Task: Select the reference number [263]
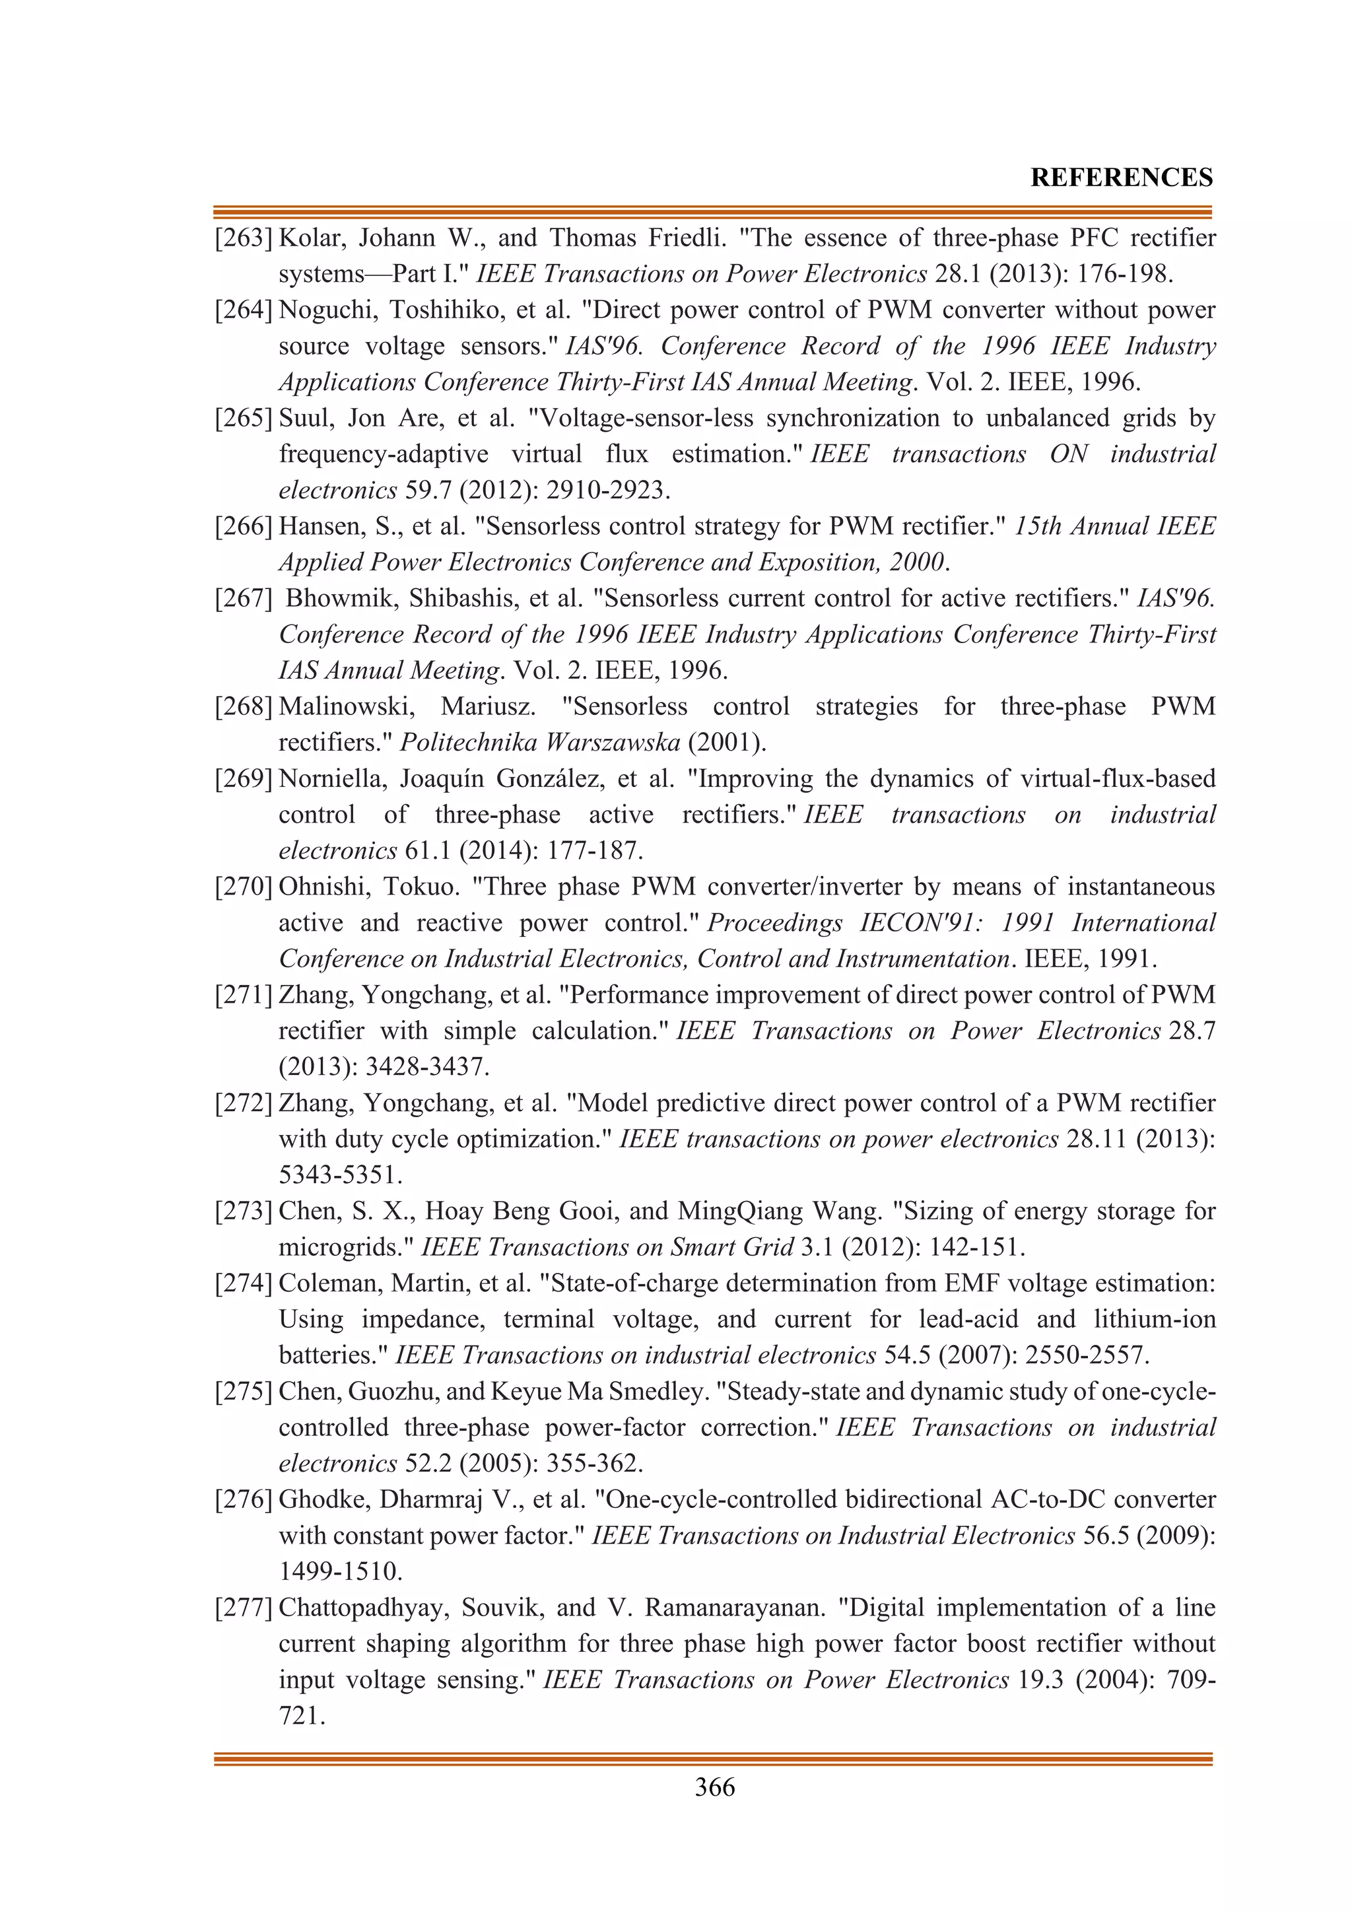pos(244,238)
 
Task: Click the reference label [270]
pos(244,887)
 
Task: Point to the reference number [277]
pos(244,1607)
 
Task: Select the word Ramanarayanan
pos(734,1607)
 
